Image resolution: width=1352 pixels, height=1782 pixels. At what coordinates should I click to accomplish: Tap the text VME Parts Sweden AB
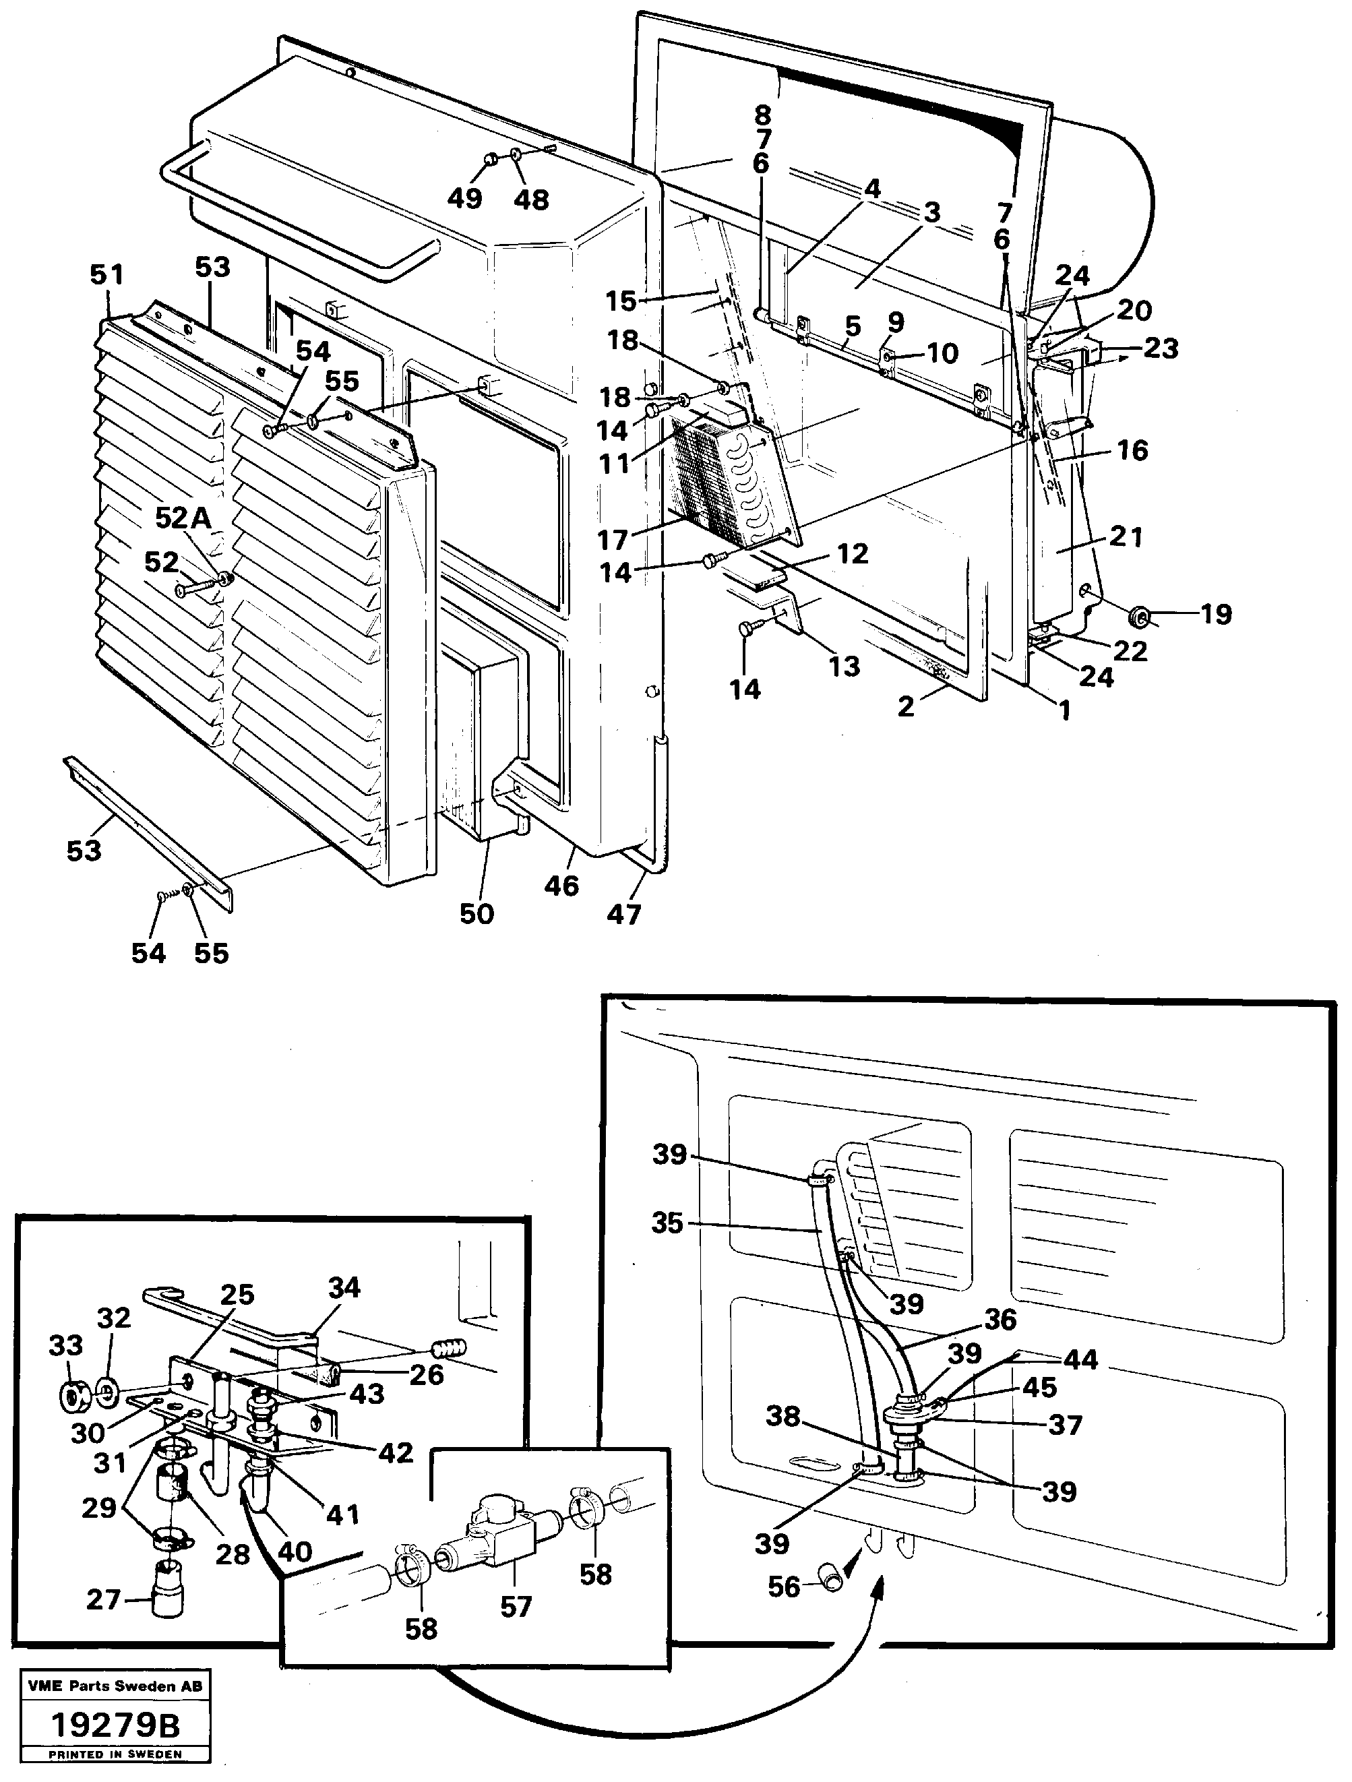[x=115, y=1686]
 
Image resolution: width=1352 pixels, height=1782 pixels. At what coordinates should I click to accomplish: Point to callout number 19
[x=1215, y=615]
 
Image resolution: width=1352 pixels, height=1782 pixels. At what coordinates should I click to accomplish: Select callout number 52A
[x=183, y=518]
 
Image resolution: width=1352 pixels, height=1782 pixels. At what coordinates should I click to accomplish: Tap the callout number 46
[x=561, y=886]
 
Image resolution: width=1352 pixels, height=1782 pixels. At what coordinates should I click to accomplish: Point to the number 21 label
[x=1126, y=536]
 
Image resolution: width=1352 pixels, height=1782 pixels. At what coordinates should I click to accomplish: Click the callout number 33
[x=65, y=1345]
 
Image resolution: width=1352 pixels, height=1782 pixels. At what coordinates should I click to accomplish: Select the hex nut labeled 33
[x=75, y=1394]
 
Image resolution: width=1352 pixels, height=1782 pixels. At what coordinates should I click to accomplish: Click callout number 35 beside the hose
[x=667, y=1223]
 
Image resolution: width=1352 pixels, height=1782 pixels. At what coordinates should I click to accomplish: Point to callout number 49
[x=465, y=197]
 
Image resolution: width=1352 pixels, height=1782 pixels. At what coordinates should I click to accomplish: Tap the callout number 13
[x=844, y=667]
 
